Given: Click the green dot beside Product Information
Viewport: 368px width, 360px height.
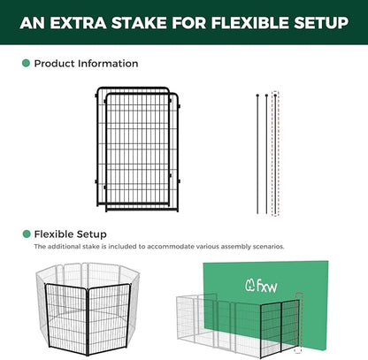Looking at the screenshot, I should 26,64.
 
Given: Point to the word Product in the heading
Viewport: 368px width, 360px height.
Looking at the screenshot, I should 56,64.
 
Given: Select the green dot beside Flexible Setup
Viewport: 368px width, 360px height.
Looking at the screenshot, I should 26,234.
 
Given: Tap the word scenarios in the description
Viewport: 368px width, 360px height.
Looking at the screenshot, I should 264,247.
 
